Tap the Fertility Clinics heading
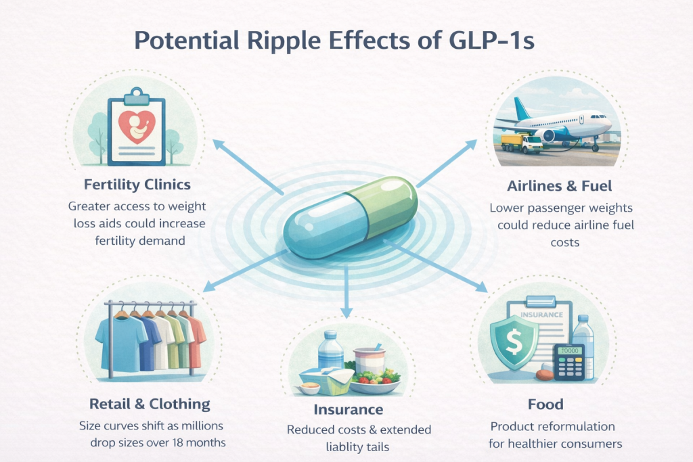click(137, 184)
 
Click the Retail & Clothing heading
click(150, 405)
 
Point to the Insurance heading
click(348, 409)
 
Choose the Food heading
click(545, 405)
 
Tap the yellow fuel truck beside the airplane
click(522, 143)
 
